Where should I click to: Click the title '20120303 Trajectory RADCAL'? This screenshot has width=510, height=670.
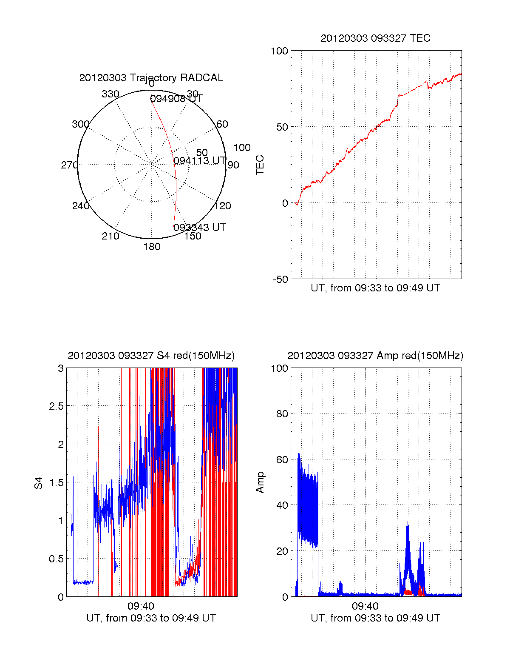(151, 78)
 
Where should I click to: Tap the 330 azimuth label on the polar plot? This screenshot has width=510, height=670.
(110, 94)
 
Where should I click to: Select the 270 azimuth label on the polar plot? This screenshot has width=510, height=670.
(69, 165)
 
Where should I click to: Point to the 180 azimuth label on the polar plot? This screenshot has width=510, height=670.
(152, 247)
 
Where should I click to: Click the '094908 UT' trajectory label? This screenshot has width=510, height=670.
(176, 99)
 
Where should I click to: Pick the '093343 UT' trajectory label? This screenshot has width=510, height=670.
(200, 227)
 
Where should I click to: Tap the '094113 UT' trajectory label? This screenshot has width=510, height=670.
(199, 160)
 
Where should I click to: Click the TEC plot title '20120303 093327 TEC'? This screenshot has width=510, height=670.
(375, 38)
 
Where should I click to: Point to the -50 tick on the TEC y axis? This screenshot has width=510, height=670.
(280, 279)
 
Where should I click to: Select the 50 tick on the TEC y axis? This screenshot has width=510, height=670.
(282, 127)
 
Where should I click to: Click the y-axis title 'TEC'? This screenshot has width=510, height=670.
(260, 165)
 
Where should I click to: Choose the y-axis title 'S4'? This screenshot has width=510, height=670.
(39, 483)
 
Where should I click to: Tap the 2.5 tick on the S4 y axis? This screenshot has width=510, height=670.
(56, 406)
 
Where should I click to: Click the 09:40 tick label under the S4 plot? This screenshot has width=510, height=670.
(141, 606)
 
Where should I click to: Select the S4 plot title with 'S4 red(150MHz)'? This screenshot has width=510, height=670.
(151, 356)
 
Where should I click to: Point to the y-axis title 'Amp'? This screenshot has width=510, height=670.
(260, 482)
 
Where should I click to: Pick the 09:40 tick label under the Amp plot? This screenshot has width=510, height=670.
(365, 606)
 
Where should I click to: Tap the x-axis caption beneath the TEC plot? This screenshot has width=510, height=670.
(375, 288)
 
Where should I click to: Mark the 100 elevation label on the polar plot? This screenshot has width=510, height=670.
(242, 148)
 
